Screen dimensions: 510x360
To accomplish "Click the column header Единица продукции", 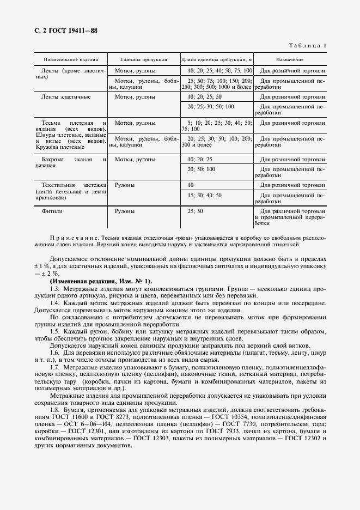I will click(143, 59).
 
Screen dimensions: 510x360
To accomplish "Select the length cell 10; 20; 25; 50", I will click(203, 96).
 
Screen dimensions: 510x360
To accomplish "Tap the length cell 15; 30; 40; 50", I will click(204, 195).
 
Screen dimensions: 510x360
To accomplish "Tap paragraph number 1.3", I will click(54, 287).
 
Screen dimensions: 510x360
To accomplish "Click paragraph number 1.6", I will click(54, 352).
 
